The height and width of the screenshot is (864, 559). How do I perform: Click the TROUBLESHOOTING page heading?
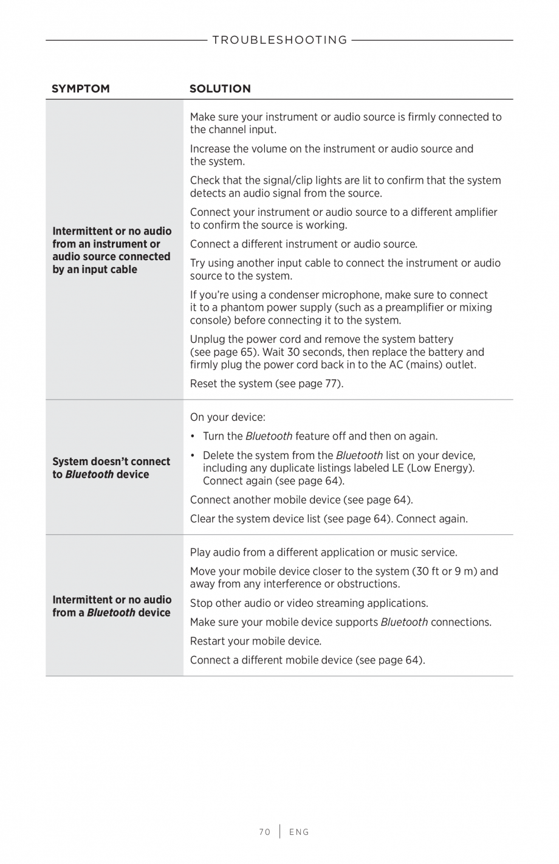coord(279,40)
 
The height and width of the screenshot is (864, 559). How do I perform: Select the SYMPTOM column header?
coord(81,89)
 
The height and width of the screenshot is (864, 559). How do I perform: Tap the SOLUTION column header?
coord(220,89)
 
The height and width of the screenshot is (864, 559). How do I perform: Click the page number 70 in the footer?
coord(264,832)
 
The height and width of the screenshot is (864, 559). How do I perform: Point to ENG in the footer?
coord(299,832)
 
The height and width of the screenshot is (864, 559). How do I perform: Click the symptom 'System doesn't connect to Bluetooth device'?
coord(111,468)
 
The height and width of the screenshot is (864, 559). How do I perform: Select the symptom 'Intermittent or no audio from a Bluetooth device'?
coord(112,606)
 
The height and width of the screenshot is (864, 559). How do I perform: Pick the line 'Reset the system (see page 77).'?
coord(267,384)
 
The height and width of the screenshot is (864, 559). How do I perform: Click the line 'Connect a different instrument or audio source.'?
coord(304,244)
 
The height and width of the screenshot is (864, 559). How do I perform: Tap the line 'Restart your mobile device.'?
coord(256,641)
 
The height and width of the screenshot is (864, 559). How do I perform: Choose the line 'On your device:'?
coord(228,417)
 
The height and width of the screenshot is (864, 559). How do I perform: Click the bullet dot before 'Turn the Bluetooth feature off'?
coord(193,437)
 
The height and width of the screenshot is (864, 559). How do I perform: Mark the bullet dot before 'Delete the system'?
coord(193,455)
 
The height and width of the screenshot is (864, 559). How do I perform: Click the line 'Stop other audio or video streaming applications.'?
coord(309,603)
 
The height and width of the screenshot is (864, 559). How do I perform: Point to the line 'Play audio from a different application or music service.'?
coord(324,552)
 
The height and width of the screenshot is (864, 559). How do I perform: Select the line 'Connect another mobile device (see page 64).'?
coord(301,500)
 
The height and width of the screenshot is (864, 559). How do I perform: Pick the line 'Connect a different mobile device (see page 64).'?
coord(307,660)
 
